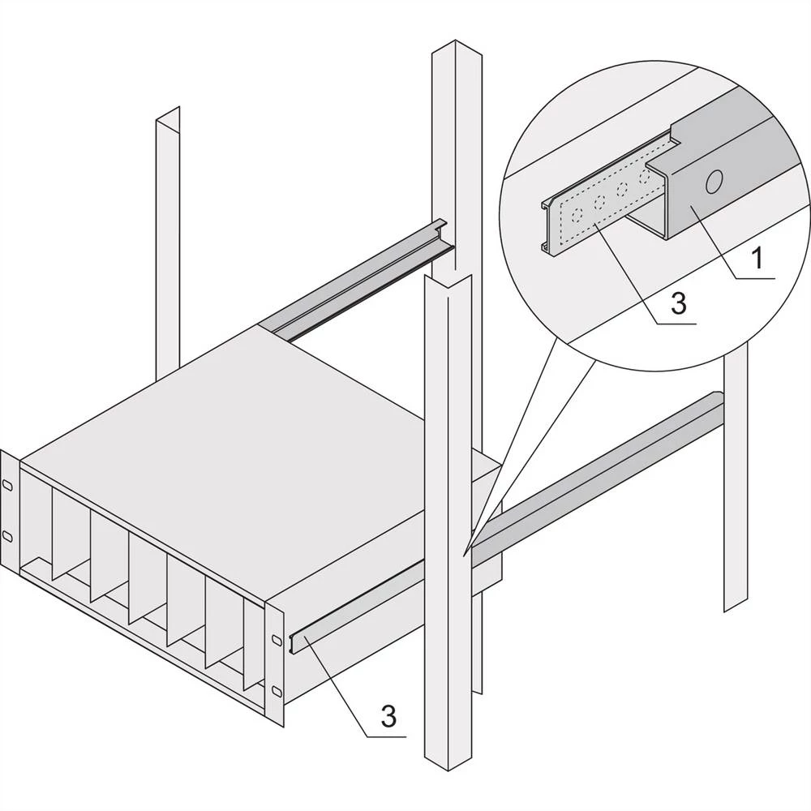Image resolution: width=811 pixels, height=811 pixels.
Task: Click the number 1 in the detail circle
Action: [756, 260]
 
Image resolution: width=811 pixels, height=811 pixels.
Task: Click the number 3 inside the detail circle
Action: [680, 303]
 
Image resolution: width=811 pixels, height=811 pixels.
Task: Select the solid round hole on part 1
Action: [714, 182]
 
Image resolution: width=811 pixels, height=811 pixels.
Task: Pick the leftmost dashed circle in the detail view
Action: [575, 215]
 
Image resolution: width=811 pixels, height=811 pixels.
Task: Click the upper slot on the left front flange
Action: [7, 484]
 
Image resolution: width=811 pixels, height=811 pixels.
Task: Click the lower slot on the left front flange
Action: [7, 535]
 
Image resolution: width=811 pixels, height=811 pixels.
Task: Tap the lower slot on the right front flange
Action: [277, 690]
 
